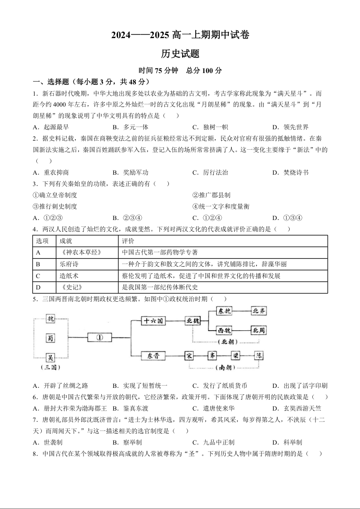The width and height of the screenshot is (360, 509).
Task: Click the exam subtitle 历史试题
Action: tap(180, 54)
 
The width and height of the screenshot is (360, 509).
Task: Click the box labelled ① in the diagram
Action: tap(100, 338)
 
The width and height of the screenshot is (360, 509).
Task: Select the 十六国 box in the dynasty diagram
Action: tap(153, 321)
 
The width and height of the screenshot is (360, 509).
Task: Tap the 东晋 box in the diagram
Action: tap(153, 356)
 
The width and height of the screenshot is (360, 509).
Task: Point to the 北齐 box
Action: tap(262, 311)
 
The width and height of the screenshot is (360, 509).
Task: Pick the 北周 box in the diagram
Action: tap(262, 330)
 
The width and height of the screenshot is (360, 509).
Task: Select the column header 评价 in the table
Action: tap(128, 241)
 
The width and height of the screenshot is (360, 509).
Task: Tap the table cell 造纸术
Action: tap(67, 276)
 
